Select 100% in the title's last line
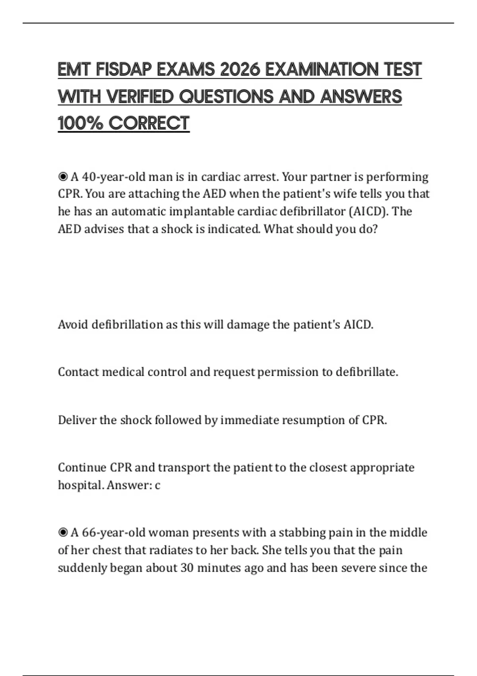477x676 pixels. (x=81, y=123)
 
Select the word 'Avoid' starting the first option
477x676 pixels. (x=73, y=324)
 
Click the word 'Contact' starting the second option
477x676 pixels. (x=78, y=372)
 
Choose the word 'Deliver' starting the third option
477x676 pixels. (x=77, y=420)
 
